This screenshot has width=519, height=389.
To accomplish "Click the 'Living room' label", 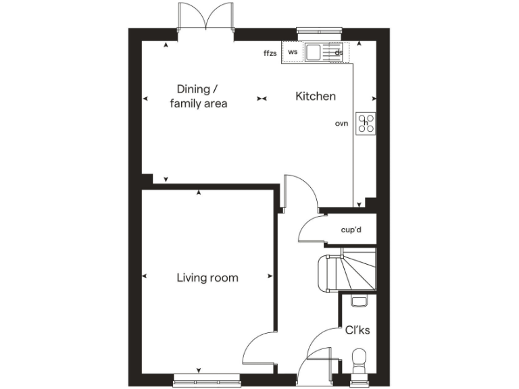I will pyautogui.click(x=207, y=278).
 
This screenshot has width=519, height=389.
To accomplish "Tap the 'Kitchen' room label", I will pyautogui.click(x=315, y=97).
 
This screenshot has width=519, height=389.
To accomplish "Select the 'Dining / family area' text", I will pyautogui.click(x=199, y=96).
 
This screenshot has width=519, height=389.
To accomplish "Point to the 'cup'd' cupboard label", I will pyautogui.click(x=351, y=230).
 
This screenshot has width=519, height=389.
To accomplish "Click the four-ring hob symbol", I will pyautogui.click(x=367, y=123).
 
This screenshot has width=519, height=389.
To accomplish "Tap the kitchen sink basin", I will pyautogui.click(x=314, y=52).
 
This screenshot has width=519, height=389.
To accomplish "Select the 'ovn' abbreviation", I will pyautogui.click(x=341, y=124).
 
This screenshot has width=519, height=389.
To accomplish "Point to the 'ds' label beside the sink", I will pyautogui.click(x=339, y=52).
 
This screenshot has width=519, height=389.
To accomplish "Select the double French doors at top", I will pyautogui.click(x=205, y=16).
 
